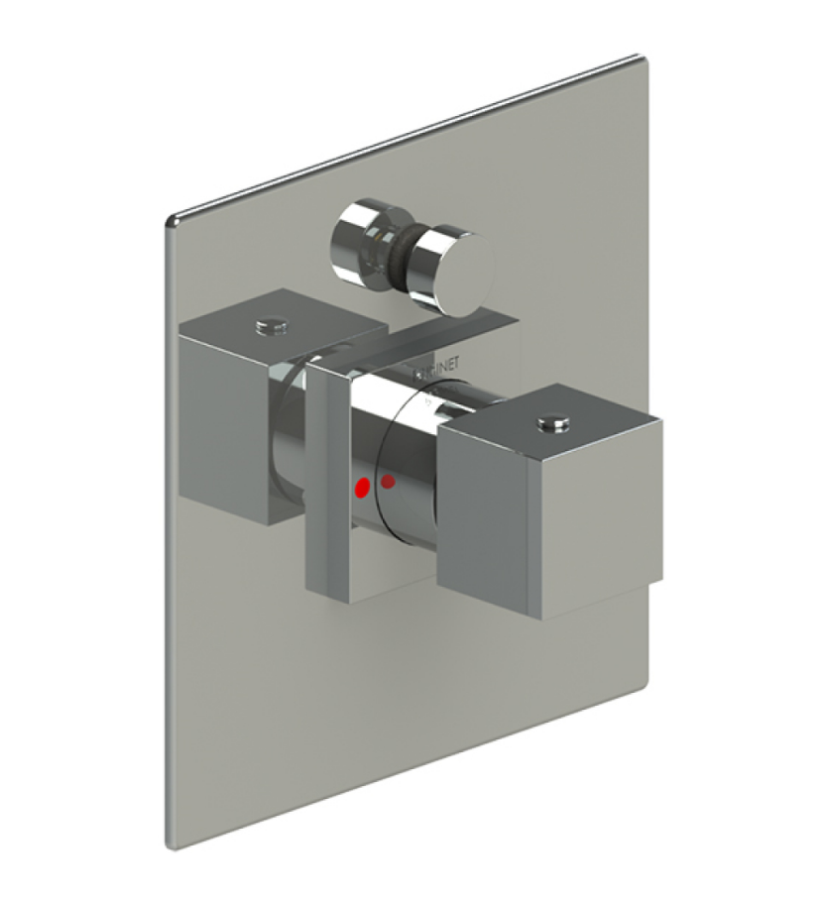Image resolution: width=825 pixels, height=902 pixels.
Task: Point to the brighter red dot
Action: coord(362,487)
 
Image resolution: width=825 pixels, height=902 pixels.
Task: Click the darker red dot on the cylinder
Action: coord(389,482)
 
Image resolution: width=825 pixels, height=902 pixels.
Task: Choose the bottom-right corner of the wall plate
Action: coord(648,684)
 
